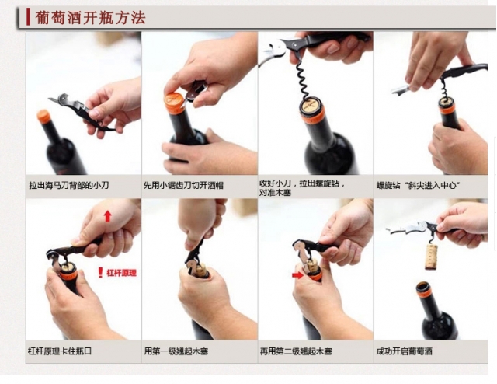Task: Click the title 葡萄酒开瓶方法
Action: coord(90,17)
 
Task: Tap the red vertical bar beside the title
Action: coord(28,17)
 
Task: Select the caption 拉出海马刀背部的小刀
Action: coord(69,185)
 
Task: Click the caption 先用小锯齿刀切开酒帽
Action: coord(183,185)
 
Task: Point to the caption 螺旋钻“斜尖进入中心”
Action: coord(418,185)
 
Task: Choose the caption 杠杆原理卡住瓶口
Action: coord(60,351)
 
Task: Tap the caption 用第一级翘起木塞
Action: coord(176,351)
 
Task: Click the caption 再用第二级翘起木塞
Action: coord(296,351)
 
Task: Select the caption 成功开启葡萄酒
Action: coord(404,351)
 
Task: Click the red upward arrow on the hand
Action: coord(108,216)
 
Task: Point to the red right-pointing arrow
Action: coord(297,275)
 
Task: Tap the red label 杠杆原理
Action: coord(121,273)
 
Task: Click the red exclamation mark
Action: coord(100,273)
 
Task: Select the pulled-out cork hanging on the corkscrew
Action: coord(431,257)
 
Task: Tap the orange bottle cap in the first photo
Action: coord(43,117)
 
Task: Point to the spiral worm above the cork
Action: coord(302,79)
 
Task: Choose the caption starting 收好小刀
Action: coord(302,187)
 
